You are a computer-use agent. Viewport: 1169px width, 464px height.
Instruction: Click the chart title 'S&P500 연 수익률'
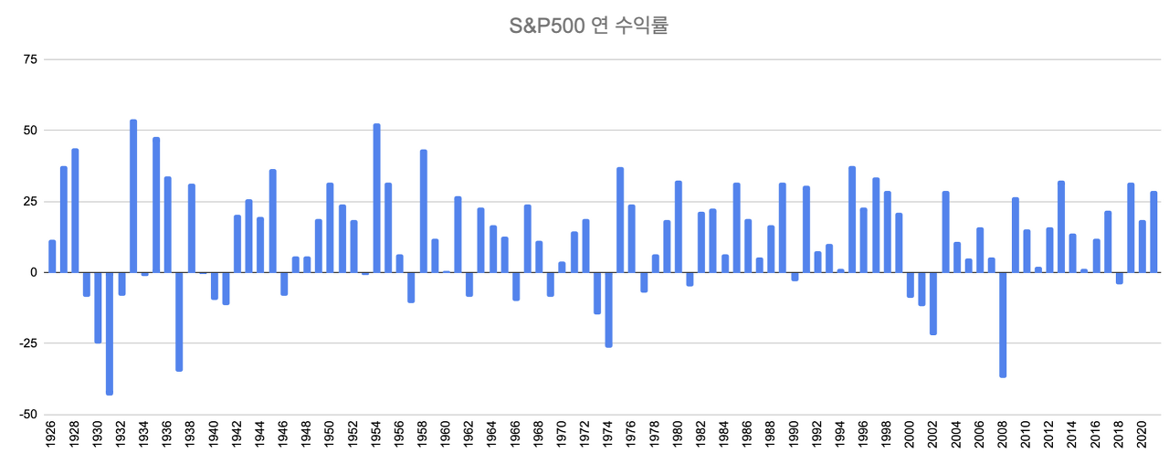point(589,26)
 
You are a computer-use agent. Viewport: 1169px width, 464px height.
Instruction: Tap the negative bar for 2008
point(1003,324)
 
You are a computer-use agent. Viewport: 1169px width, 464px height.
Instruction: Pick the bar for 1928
point(75,211)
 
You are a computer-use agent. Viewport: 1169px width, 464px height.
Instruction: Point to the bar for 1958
point(424,211)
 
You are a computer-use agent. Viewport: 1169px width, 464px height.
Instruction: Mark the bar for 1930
point(99,307)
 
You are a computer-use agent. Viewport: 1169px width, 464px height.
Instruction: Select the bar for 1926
point(52,257)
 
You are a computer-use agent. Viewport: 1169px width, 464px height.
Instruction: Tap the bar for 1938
point(192,228)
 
